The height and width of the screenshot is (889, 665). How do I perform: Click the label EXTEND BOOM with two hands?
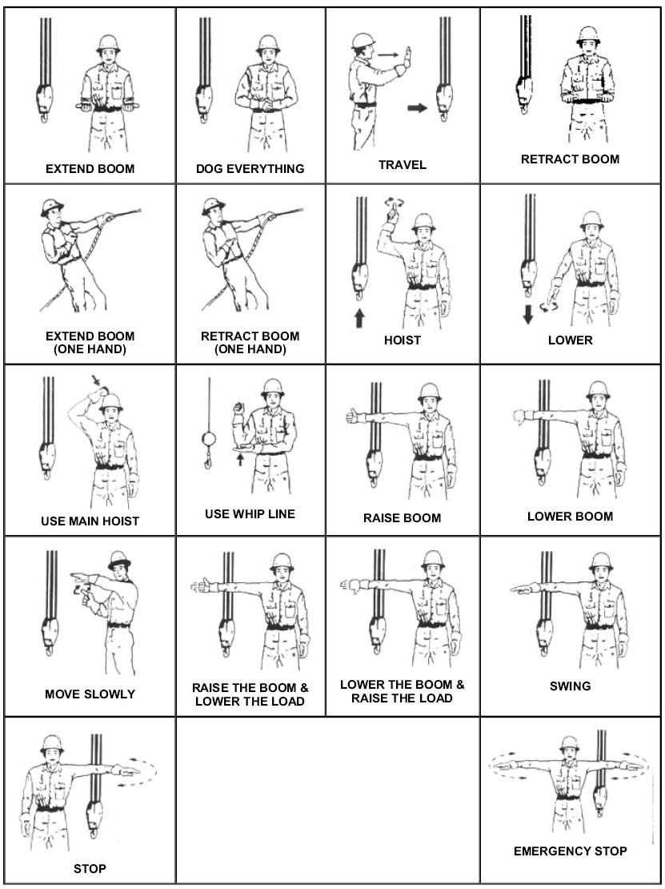coord(90,169)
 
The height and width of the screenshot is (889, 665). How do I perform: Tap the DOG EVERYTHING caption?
coord(250,169)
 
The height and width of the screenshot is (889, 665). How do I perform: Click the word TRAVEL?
coord(403,165)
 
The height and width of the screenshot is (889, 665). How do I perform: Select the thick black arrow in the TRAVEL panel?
coord(417,108)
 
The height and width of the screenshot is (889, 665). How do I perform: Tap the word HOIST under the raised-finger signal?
coord(402,340)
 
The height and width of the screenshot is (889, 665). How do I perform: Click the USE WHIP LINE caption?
coord(250,513)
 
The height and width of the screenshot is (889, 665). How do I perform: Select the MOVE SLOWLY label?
coord(90,694)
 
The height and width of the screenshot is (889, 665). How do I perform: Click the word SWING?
coord(570,686)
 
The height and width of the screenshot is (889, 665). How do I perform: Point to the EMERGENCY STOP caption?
coord(570,851)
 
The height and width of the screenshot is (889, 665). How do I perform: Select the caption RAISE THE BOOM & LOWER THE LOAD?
coord(250,694)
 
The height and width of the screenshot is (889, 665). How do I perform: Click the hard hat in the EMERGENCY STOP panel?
coord(569,742)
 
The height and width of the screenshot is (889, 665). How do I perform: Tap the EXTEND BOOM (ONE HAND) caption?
coord(90,342)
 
